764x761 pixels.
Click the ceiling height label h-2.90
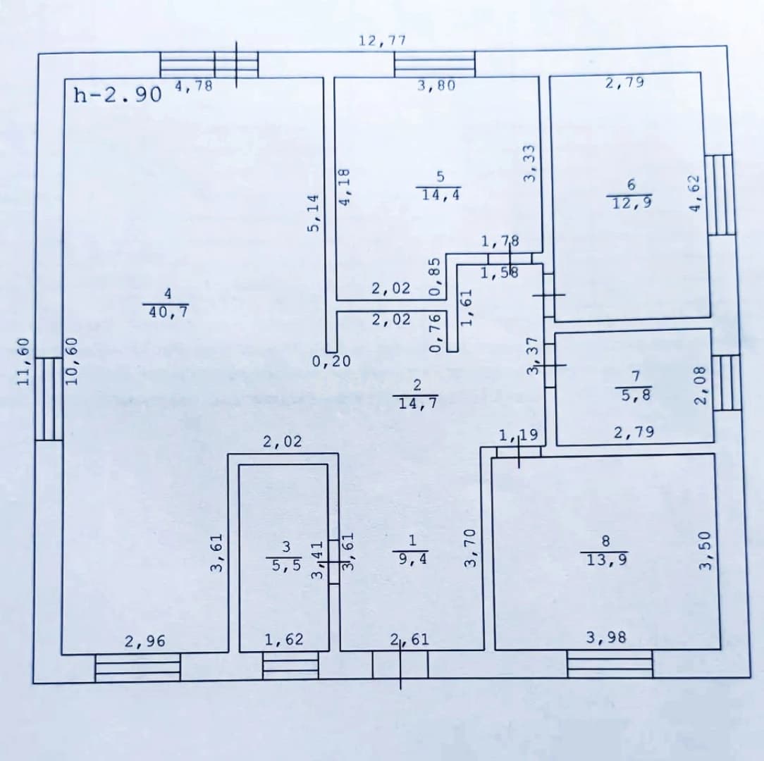pos(118,94)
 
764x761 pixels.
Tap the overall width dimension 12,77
pos(383,40)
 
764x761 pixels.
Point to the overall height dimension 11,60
pos(24,361)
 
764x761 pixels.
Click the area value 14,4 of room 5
pos(441,194)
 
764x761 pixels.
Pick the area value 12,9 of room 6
pos(632,202)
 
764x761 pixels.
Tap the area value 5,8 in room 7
pos(636,394)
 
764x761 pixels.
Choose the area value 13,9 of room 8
pos(607,559)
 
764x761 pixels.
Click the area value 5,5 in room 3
pos(286,565)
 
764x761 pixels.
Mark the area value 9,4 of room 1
pos(413,558)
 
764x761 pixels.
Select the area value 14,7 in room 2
pos(417,403)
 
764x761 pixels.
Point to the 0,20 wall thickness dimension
pos(331,361)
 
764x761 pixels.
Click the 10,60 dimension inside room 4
pos(72,361)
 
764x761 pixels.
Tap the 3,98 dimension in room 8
pos(606,637)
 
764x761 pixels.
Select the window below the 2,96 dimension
pos(138,667)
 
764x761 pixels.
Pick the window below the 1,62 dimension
pos(290,666)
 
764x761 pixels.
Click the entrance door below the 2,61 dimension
pos(400,665)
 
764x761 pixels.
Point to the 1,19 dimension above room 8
pos(519,435)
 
